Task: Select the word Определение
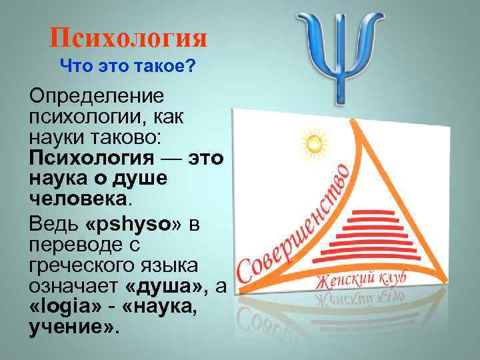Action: click(x=96, y=95)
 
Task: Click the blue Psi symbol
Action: click(x=339, y=56)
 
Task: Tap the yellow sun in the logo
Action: click(x=313, y=142)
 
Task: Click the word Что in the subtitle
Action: click(x=74, y=66)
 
